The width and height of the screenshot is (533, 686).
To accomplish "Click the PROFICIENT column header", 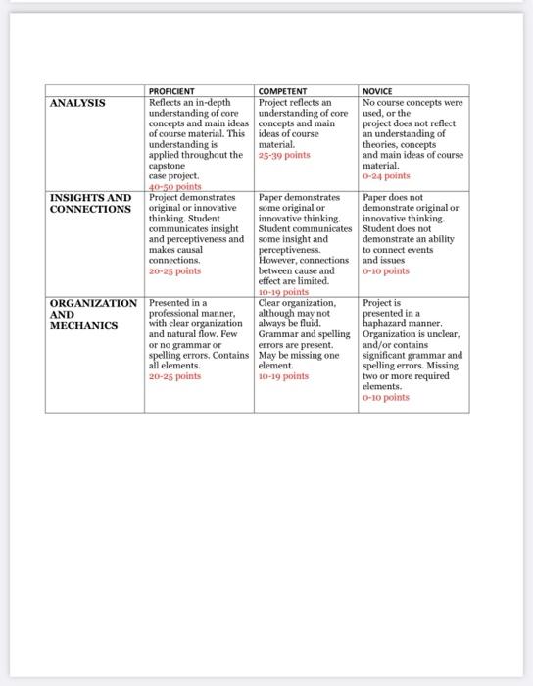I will tap(172, 91).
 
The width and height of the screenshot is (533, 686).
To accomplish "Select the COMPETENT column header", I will tap(282, 91).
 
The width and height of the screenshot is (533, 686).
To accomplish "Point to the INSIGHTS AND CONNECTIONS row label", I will tap(90, 203).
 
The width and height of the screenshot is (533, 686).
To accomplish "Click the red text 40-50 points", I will tap(173, 185).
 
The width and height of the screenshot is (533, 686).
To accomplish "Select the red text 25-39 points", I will tap(285, 156).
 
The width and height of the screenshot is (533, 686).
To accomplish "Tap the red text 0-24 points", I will tap(386, 176).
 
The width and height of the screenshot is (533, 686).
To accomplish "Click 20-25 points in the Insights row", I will tap(173, 271).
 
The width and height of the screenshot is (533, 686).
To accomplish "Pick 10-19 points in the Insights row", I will tap(283, 291).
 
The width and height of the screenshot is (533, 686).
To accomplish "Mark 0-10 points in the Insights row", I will tap(386, 271).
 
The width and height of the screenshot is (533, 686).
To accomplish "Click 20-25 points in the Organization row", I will tap(173, 375).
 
